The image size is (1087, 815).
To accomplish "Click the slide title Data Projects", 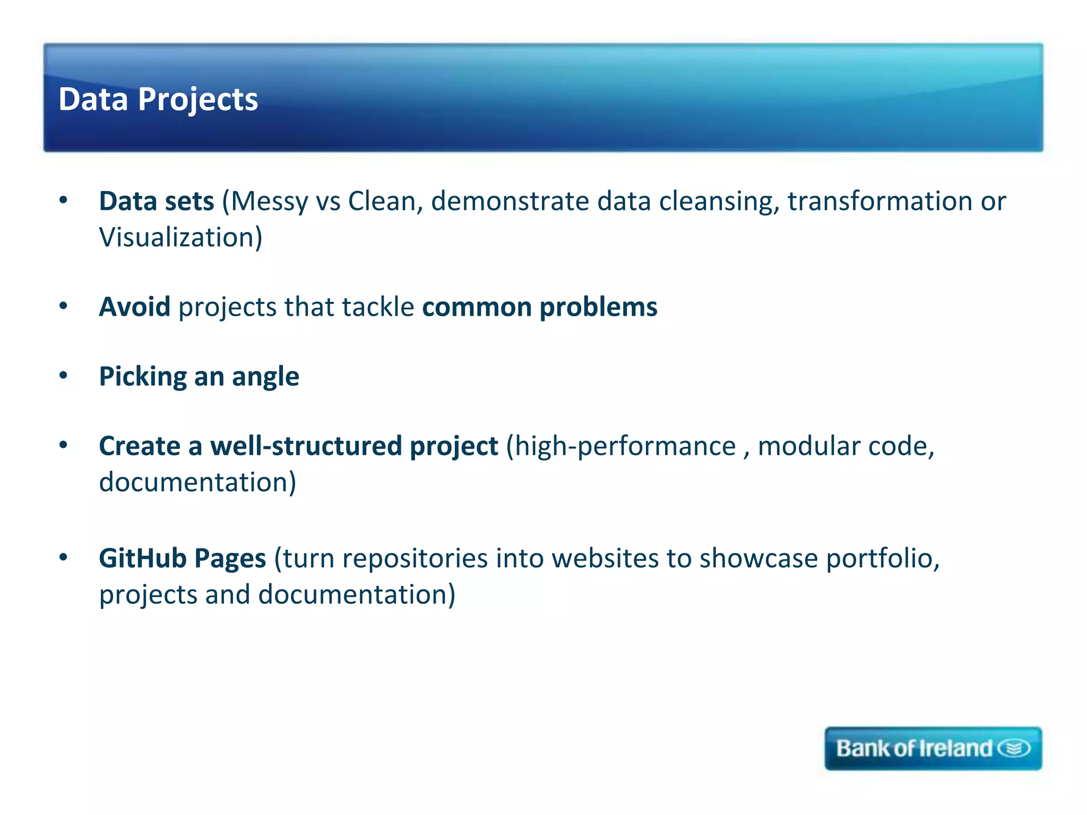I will [x=158, y=99].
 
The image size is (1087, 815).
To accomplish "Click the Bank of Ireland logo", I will [x=933, y=748].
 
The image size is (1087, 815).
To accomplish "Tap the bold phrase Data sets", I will [x=157, y=201].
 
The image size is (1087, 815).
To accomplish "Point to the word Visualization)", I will [x=180, y=237].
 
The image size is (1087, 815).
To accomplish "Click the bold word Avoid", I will [x=135, y=307].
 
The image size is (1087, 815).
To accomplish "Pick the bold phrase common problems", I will [x=539, y=307].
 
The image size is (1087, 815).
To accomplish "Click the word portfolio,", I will [x=883, y=559].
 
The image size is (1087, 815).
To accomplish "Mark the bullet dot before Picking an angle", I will [x=64, y=376].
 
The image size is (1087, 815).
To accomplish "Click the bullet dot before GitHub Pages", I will [x=64, y=557].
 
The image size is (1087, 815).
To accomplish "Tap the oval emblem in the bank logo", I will [x=1014, y=748].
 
